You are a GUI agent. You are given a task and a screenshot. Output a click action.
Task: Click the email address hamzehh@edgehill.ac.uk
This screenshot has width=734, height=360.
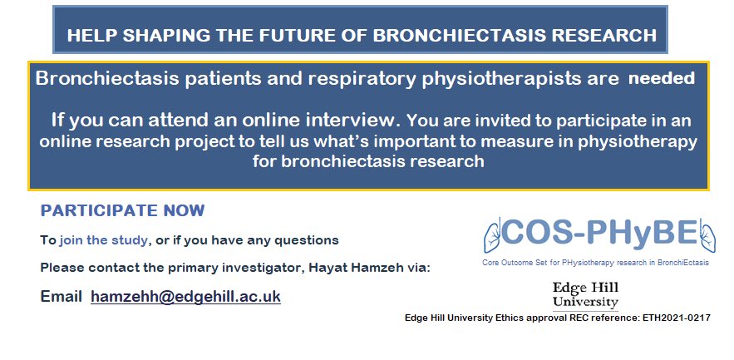click(x=185, y=297)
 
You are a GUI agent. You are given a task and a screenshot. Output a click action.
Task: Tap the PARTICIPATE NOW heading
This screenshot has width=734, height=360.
click(x=122, y=211)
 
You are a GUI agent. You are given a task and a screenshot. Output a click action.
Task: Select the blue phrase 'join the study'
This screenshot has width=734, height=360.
click(x=104, y=240)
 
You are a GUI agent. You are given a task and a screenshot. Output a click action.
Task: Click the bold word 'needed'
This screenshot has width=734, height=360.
click(x=661, y=79)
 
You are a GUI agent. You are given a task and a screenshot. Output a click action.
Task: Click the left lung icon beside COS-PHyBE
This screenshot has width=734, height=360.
click(x=493, y=234)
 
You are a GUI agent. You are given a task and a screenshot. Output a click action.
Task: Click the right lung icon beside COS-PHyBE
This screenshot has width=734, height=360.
click(x=706, y=234)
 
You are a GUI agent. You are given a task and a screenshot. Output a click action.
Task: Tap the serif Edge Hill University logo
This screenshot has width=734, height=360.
click(x=585, y=294)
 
